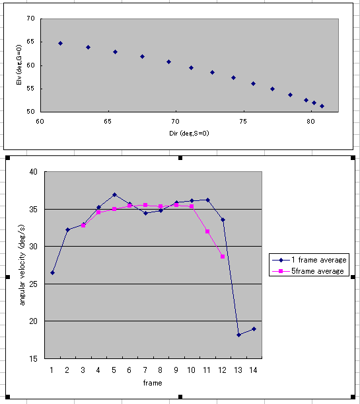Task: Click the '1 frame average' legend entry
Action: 309,260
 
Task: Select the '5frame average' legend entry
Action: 308,271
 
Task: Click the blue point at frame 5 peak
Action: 114,194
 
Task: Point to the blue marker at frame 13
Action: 238,335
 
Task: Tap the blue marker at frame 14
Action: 254,329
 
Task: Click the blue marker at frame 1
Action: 52,272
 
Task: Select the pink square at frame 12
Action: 223,257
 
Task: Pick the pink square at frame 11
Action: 207,231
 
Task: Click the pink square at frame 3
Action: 83,225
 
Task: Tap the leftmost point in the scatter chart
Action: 61,43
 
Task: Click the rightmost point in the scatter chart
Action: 322,106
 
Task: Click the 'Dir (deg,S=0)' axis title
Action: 189,134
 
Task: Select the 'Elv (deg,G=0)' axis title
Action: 18,65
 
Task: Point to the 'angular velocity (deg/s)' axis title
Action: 22,265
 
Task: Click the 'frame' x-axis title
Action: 153,383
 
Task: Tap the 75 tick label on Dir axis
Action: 243,122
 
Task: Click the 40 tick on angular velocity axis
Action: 34,172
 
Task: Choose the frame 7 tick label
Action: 145,370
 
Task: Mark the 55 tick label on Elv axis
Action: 30,89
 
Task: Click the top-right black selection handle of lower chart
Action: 353,157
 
